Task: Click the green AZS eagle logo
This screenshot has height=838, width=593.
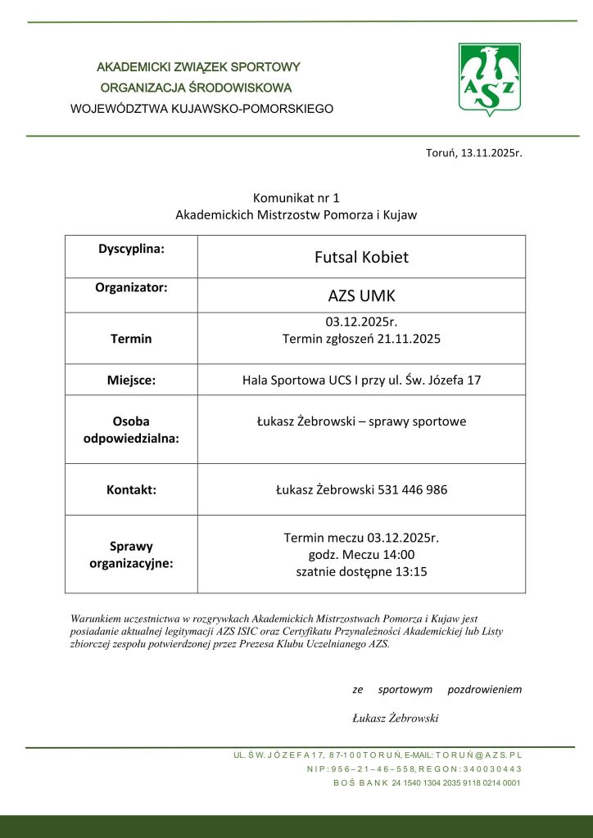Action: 489,79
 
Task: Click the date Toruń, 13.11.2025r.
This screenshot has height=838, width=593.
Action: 473,153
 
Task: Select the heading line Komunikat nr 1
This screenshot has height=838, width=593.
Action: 296,198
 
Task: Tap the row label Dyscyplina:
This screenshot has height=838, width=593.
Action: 131,247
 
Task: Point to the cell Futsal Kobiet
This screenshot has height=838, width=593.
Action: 361,257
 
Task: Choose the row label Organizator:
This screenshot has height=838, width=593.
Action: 131,287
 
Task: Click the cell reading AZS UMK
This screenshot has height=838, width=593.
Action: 361,295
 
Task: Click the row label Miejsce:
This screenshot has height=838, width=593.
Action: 131,380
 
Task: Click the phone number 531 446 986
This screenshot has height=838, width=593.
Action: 413,490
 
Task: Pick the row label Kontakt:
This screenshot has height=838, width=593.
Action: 131,490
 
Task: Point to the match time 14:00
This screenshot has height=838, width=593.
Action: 396,555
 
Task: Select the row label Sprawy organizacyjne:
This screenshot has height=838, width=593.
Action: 131,555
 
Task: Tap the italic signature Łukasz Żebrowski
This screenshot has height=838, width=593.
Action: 396,718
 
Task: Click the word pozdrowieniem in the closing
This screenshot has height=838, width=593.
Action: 484,689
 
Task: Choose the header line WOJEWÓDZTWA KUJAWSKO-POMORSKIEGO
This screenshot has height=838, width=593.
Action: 201,108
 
